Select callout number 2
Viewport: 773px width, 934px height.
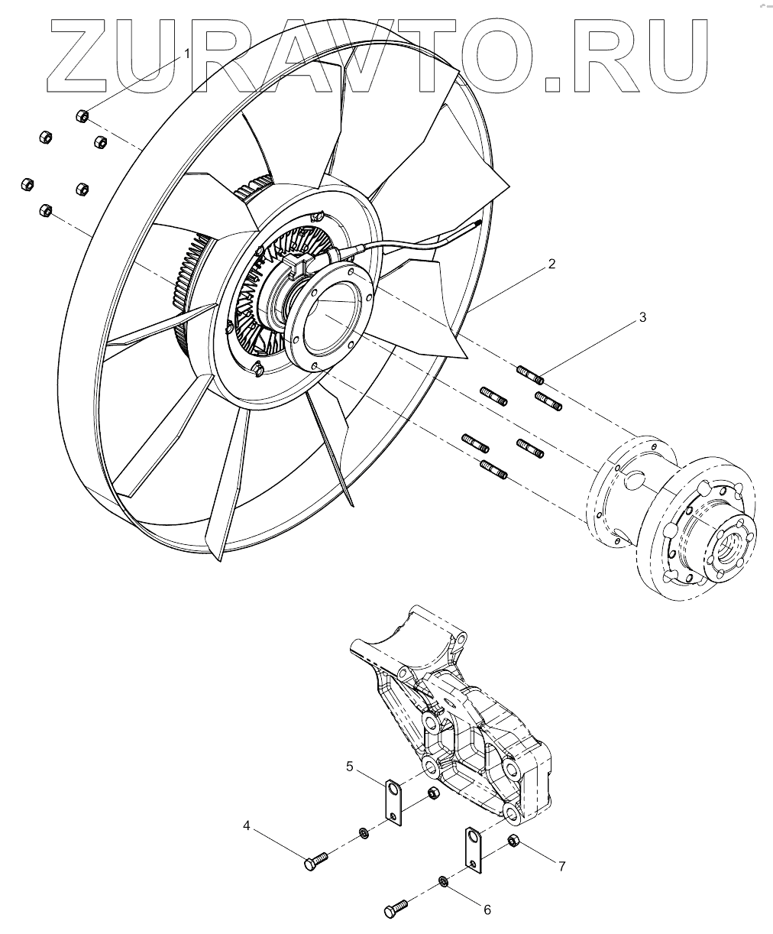pos(551,266)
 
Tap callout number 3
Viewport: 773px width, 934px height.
pos(642,316)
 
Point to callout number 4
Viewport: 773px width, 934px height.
pos(247,825)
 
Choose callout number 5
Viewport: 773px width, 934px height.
pos(349,765)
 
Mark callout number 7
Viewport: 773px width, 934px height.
pos(561,866)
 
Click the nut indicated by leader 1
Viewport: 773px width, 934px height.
pos(82,116)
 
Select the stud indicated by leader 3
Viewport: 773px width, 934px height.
pos(529,375)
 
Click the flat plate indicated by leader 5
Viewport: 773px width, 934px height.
pos(392,804)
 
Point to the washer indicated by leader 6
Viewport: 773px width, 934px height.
pos(443,883)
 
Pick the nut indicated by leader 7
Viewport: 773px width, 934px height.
pos(513,842)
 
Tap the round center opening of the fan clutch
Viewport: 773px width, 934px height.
pos(326,317)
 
